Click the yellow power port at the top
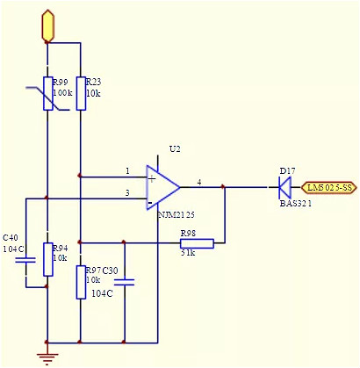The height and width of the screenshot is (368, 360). click(47, 25)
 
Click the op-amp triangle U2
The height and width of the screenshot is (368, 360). click(163, 186)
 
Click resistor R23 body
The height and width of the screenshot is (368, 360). click(80, 93)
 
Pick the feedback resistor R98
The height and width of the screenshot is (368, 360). click(197, 242)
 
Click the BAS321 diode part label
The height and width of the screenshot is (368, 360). click(296, 203)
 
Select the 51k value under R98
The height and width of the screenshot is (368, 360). click(187, 254)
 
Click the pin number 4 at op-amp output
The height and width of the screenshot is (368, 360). click(199, 182)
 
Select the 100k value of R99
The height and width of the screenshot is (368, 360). click(63, 92)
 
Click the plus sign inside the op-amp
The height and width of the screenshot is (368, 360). click(152, 178)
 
